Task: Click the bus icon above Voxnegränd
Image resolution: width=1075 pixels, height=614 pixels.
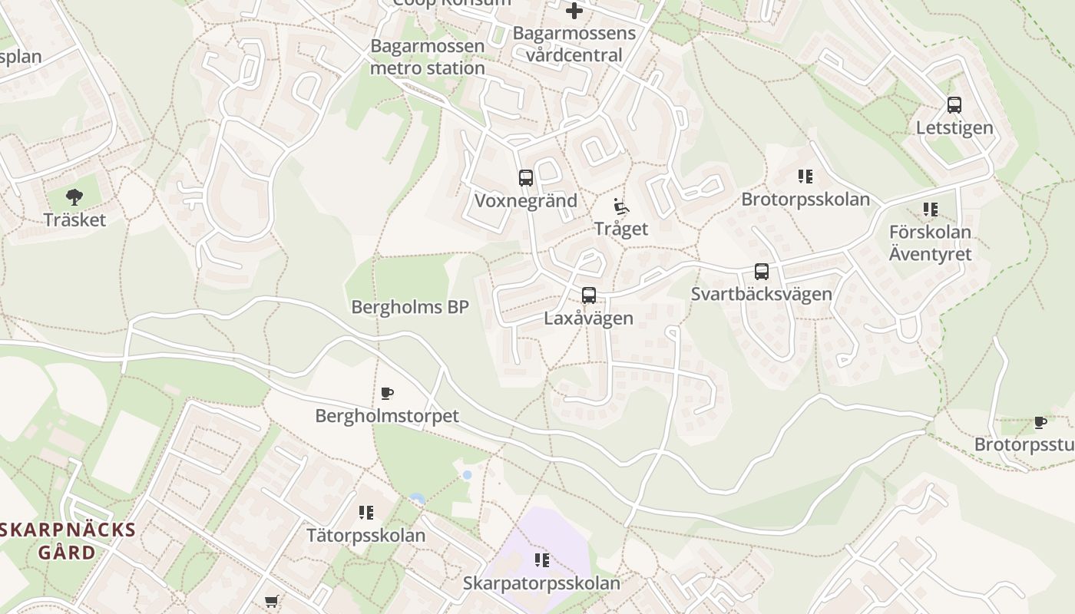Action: click(526, 178)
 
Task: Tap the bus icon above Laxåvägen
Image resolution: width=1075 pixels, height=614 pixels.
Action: click(589, 295)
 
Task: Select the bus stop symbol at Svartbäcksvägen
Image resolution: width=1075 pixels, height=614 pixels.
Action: click(762, 272)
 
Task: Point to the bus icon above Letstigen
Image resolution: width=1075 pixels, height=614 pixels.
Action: click(954, 105)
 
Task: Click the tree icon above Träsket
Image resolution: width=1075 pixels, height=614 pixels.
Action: click(74, 197)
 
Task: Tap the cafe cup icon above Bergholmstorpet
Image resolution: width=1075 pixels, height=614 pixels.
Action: click(387, 394)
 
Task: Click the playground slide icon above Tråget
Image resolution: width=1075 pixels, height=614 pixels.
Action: click(621, 206)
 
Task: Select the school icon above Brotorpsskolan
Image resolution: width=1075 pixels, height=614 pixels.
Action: click(805, 177)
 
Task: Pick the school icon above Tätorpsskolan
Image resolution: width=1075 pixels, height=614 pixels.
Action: click(366, 512)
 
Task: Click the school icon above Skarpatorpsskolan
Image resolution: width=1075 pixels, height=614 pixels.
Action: click(542, 560)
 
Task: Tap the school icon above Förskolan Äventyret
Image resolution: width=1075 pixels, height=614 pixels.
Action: click(931, 209)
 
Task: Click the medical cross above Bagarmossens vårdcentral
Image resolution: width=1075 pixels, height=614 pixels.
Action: click(574, 12)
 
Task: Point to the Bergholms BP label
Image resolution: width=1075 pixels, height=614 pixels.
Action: click(409, 307)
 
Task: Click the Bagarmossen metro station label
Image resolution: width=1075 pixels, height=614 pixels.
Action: click(428, 57)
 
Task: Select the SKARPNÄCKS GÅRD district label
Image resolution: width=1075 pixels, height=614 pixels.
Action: click(68, 541)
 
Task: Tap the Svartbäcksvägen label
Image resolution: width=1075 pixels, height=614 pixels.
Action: click(761, 294)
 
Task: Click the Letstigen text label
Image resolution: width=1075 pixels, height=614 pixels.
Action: click(954, 127)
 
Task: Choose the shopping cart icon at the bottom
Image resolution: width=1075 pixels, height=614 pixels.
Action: click(271, 602)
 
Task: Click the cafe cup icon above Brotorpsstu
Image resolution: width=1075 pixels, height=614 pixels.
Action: click(1040, 422)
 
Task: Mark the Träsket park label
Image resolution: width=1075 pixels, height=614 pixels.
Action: click(74, 220)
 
